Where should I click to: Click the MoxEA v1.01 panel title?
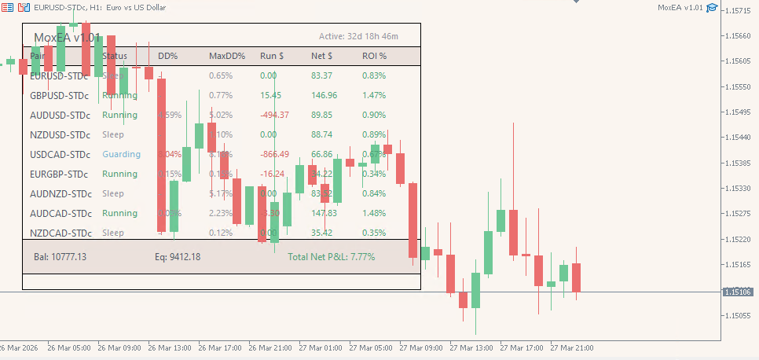[67, 37]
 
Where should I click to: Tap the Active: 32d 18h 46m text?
[358, 36]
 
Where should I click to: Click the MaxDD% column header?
[227, 56]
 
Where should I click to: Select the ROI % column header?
[374, 56]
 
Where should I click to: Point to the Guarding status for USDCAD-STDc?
[121, 154]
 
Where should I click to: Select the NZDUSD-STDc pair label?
[60, 134]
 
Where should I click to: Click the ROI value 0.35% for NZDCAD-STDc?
[374, 233]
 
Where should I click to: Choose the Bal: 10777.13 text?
[60, 257]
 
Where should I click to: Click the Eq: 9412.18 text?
[178, 257]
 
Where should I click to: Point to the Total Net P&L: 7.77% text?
[331, 257]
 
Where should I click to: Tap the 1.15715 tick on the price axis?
[739, 10]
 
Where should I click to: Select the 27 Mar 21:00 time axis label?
[571, 347]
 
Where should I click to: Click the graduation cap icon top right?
[712, 8]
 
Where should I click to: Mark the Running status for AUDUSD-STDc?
[119, 115]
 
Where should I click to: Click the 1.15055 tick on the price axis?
[739, 315]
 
